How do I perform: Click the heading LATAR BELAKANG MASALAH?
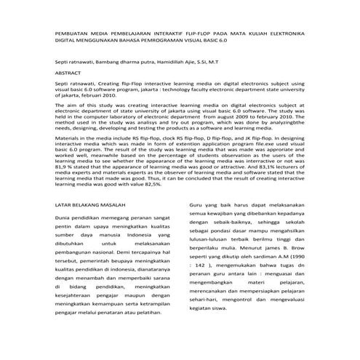pos(94,205)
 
